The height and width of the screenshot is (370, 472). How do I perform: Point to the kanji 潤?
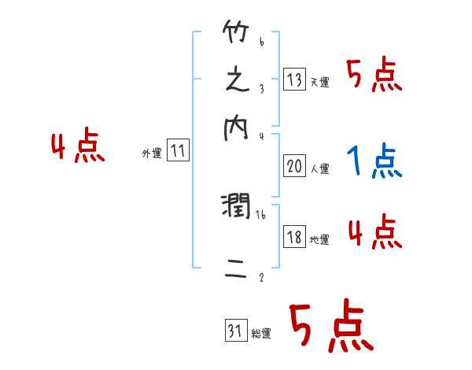[x=237, y=206]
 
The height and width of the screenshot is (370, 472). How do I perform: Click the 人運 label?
[x=319, y=168]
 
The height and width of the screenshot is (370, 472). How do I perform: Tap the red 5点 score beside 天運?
[x=374, y=76]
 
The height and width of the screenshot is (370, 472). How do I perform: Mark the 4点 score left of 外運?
[x=77, y=148]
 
